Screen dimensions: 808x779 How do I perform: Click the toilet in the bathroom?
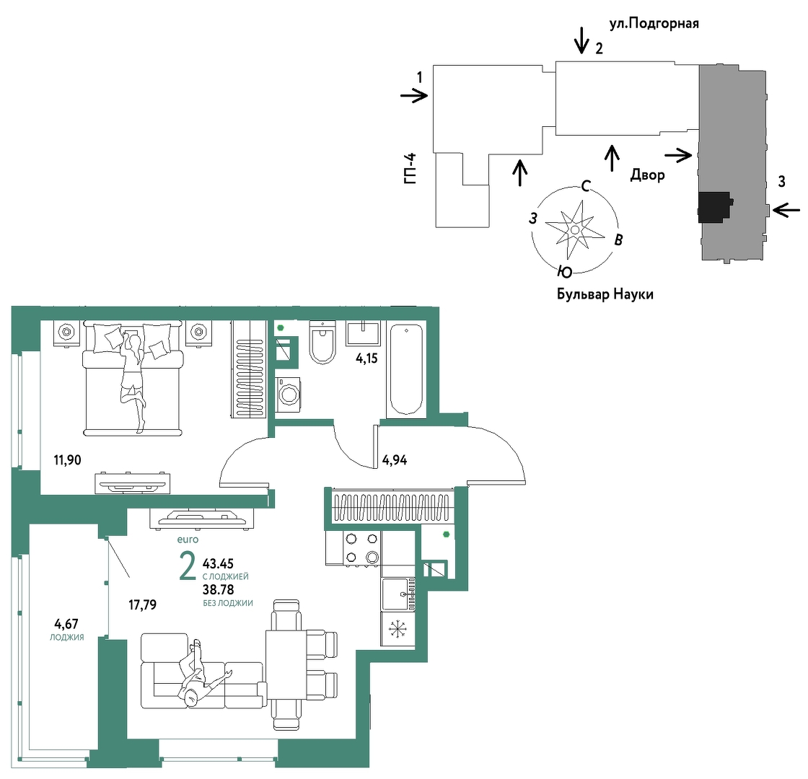[x=322, y=342]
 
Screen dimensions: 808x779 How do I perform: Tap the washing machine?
[x=288, y=395]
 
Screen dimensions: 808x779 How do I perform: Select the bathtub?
[x=406, y=369]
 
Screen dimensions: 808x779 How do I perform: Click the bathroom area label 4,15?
[x=367, y=358]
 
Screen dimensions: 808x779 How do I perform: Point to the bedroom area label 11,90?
[x=68, y=459]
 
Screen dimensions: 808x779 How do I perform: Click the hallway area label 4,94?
[x=395, y=460]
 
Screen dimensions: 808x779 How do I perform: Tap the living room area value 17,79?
[x=142, y=604]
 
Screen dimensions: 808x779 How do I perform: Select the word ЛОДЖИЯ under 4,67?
[x=67, y=638]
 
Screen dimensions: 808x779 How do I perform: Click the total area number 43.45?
[x=219, y=563]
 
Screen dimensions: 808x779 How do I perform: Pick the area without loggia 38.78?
[x=219, y=589]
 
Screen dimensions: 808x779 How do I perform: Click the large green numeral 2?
[x=188, y=565]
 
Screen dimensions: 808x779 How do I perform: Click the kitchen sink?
[x=398, y=594]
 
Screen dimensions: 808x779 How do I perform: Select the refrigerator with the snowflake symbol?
[x=398, y=628]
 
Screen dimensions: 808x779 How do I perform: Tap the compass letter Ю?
[x=565, y=271]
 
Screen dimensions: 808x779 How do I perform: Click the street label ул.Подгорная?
[x=654, y=24]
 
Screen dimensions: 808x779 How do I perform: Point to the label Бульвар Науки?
[x=605, y=294]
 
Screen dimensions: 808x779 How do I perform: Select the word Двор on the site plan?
[x=647, y=175]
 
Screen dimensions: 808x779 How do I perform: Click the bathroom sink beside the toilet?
[x=363, y=334]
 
